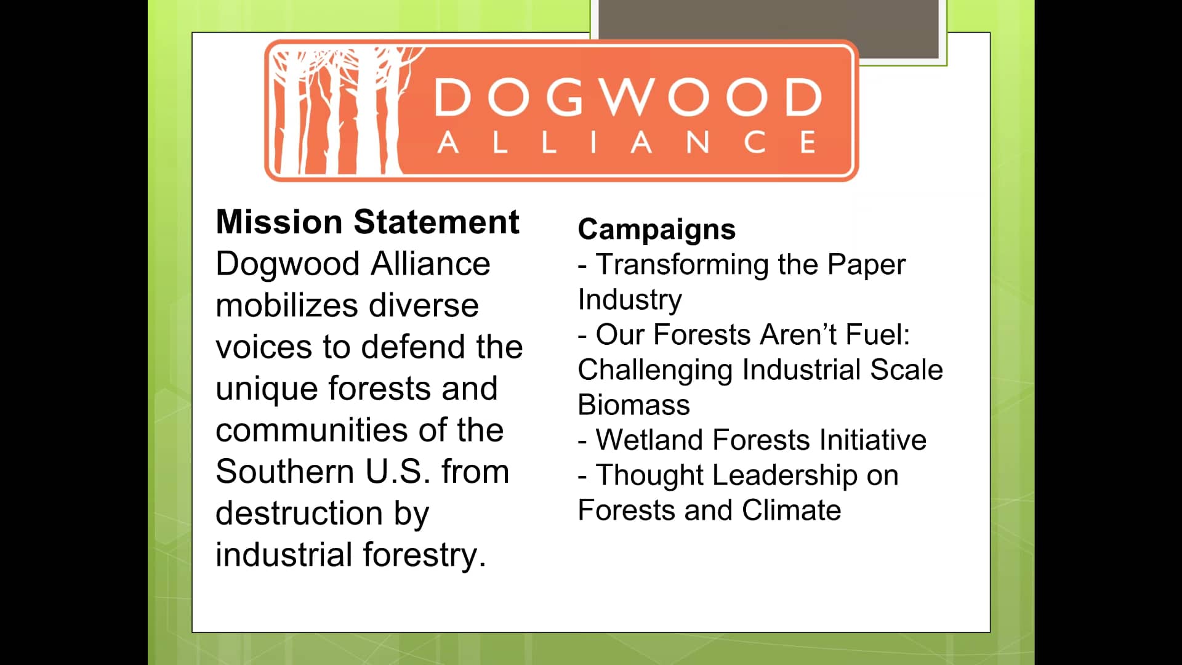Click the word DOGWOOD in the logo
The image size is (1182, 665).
629,97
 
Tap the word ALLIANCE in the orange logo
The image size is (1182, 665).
627,142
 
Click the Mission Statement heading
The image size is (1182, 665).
368,222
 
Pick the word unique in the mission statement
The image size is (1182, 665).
267,390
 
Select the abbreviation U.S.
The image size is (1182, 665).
398,472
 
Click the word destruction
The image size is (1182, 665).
299,513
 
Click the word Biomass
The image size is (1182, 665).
633,405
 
